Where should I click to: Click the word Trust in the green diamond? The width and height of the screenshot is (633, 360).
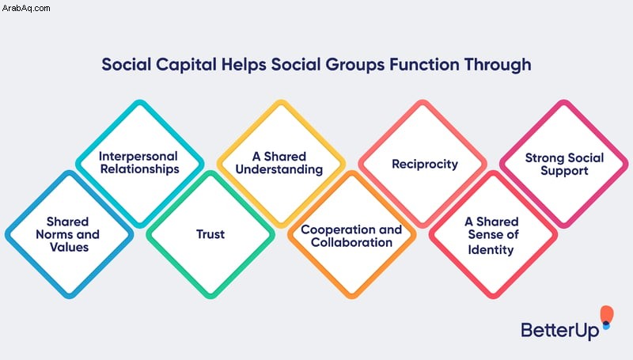point(210,234)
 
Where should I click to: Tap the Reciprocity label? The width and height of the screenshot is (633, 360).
point(425,165)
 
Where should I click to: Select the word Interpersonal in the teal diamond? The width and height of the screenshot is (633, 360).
point(138,157)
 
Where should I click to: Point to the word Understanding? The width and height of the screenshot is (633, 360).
point(279,169)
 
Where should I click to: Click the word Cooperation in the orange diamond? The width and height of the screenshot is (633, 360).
point(334,229)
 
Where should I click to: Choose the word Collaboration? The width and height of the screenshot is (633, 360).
point(351,243)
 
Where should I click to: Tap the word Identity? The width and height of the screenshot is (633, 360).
point(491,250)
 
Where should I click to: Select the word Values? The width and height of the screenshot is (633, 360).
point(69,247)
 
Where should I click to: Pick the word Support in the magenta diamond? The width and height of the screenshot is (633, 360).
point(564,171)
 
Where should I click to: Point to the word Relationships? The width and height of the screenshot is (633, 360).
point(140,169)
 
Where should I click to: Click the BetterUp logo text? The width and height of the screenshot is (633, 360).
point(560,331)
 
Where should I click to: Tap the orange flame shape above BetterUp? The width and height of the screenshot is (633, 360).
point(606,314)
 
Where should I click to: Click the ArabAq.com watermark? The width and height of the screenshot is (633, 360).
point(26,8)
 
